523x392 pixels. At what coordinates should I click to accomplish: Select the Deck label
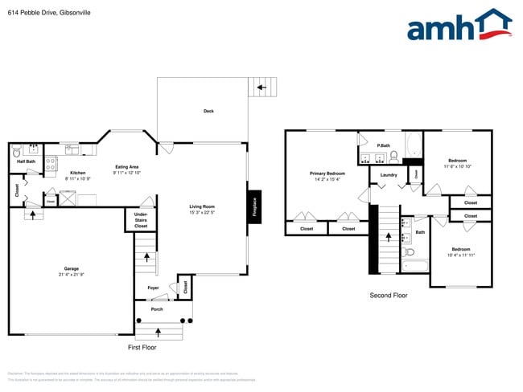click(x=208, y=112)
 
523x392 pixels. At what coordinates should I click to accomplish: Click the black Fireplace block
click(x=254, y=207)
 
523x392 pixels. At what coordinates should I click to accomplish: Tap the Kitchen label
click(x=78, y=173)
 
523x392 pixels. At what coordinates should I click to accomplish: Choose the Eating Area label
click(x=127, y=166)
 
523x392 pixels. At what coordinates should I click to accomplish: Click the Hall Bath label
click(x=26, y=161)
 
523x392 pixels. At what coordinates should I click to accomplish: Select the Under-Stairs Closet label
click(x=141, y=220)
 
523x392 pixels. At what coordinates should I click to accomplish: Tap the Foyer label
click(x=153, y=288)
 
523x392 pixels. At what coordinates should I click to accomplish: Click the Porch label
click(x=157, y=309)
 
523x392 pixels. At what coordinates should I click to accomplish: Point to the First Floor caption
click(x=142, y=347)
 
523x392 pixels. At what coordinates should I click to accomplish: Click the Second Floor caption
click(x=388, y=296)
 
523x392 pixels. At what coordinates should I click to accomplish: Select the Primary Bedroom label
click(x=327, y=174)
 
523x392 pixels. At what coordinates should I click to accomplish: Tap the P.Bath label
click(x=383, y=145)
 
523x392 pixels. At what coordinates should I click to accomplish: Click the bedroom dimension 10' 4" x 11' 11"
click(x=462, y=255)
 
